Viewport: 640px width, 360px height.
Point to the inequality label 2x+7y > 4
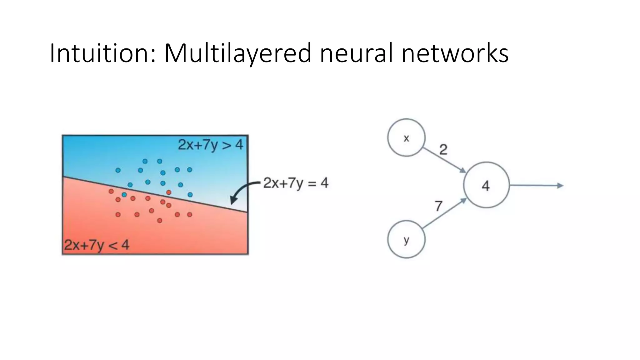[210, 145]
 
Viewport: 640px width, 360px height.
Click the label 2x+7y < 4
[97, 245]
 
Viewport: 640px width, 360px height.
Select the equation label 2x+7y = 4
[296, 183]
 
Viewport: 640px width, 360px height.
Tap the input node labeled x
[406, 137]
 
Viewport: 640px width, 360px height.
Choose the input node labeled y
[406, 239]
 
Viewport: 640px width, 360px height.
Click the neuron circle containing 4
[486, 185]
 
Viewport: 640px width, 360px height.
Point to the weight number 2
[443, 150]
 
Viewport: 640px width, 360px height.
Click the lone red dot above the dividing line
[169, 192]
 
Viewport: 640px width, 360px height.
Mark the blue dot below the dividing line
[124, 195]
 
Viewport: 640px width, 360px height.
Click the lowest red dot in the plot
[160, 221]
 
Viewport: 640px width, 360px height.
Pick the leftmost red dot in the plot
[111, 191]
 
